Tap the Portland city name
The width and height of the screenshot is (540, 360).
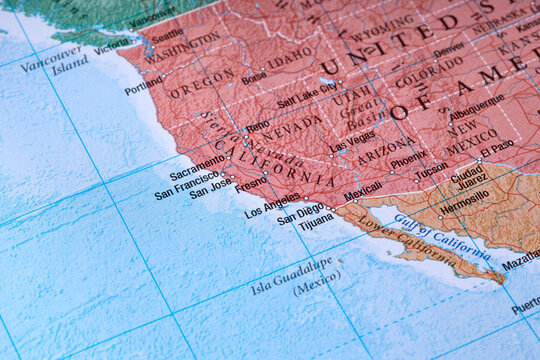tap(143, 86)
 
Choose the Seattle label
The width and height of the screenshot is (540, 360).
tap(167, 35)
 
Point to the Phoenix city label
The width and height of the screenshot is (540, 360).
tap(408, 159)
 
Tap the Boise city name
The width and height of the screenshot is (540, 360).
tap(254, 75)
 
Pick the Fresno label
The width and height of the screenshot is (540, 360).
tap(251, 182)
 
